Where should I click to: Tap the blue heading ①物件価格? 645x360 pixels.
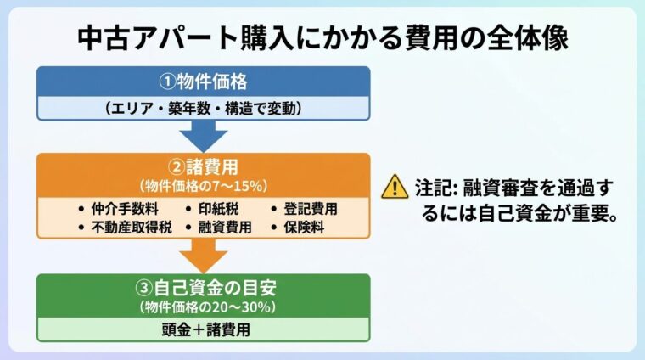coord(204,82)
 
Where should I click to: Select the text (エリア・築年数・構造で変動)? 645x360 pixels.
coord(204,108)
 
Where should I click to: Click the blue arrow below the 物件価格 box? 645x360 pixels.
coord(204,134)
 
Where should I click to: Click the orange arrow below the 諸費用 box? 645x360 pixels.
coord(204,255)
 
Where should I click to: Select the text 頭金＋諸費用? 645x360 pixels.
coord(204,329)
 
